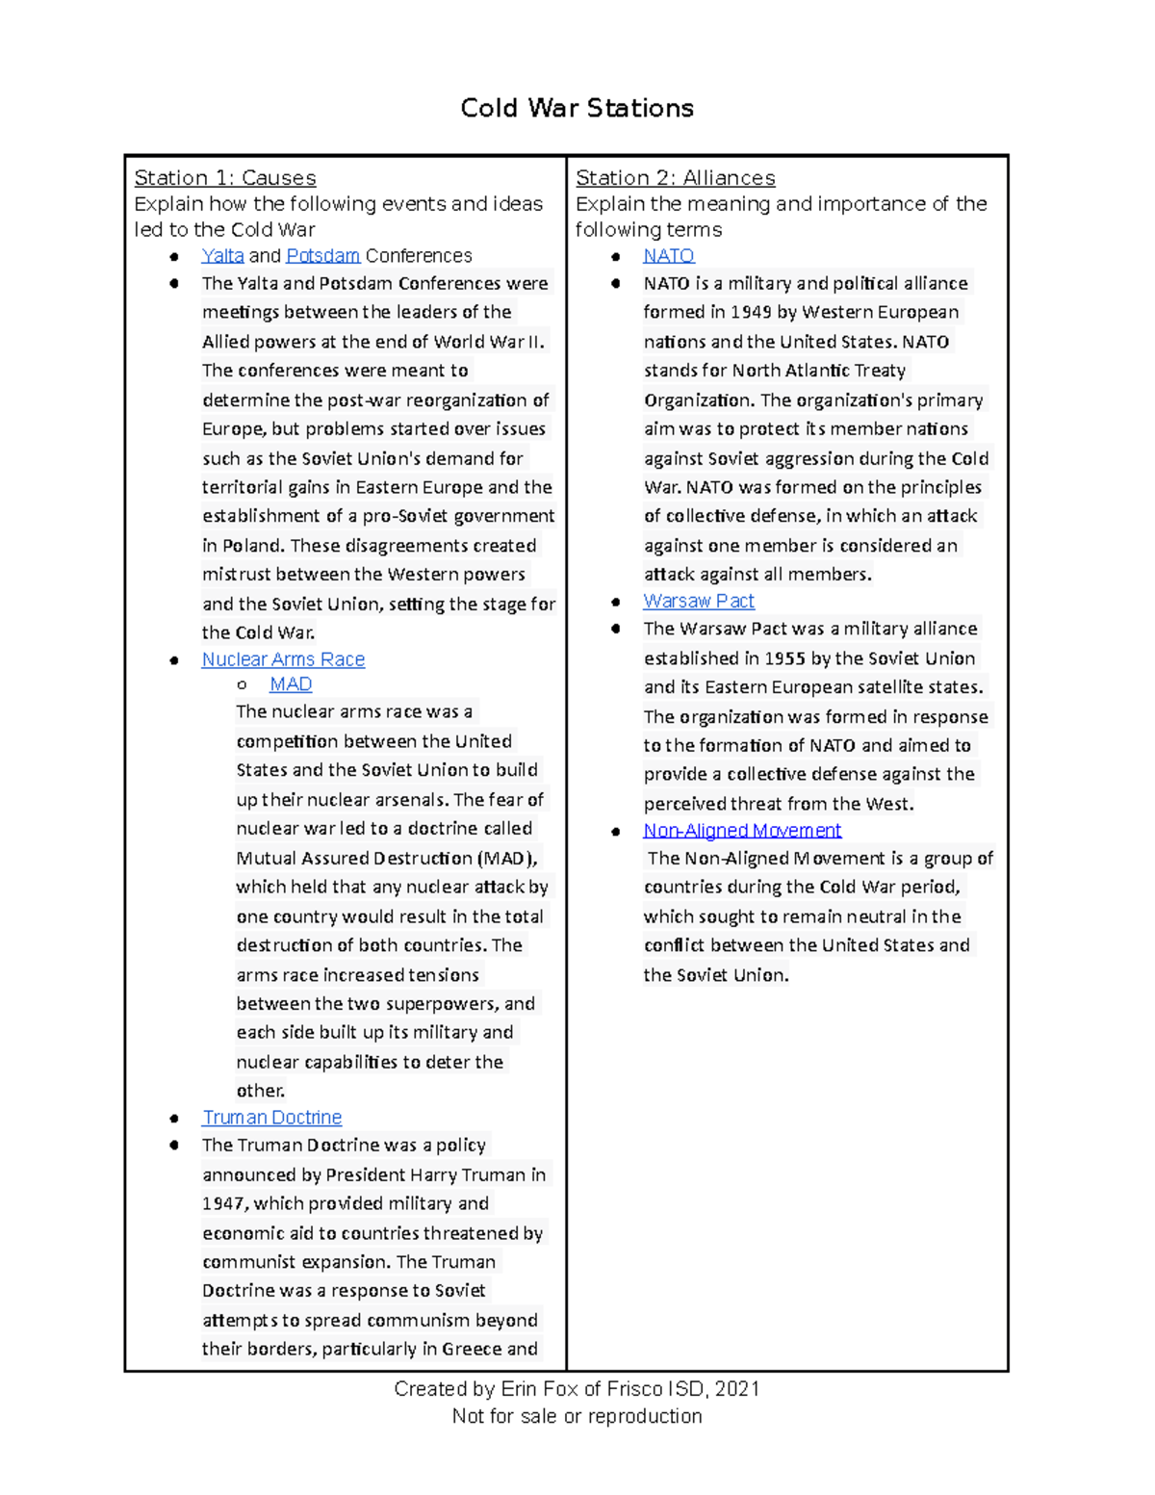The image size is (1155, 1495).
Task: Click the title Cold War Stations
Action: click(577, 108)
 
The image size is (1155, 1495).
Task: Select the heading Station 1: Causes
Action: click(224, 178)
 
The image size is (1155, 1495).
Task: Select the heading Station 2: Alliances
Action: click(675, 178)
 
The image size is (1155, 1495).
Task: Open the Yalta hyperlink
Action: click(222, 256)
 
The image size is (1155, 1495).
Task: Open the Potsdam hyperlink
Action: click(322, 256)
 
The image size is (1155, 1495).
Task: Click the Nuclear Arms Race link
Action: click(283, 659)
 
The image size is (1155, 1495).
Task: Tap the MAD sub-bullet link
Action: click(291, 684)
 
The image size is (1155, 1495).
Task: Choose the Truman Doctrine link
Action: click(271, 1118)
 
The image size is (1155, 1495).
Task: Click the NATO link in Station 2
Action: click(668, 256)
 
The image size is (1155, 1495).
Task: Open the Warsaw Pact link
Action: click(698, 602)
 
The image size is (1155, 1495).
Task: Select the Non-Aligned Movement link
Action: click(742, 831)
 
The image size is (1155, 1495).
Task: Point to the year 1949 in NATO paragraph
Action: click(751, 313)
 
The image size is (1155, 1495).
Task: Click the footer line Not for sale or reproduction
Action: click(577, 1417)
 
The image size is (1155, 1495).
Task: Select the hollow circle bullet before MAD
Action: click(242, 685)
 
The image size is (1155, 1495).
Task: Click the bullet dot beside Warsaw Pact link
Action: click(616, 603)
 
